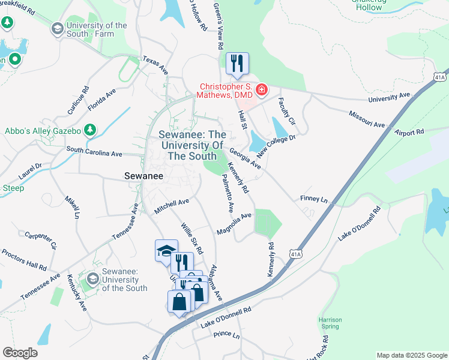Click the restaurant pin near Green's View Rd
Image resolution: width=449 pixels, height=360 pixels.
pos(237,63)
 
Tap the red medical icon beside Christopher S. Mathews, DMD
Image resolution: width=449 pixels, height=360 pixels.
pos(261,91)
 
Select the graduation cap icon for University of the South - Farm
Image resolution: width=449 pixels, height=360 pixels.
pos(58,29)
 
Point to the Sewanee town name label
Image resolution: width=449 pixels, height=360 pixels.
pos(143,176)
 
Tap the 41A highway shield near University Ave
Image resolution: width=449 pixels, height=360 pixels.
pos(439,77)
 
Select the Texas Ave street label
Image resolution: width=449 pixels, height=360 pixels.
pos(155,65)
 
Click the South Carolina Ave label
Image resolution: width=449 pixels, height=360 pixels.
pos(94,151)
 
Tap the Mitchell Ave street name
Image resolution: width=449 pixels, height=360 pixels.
pos(172,206)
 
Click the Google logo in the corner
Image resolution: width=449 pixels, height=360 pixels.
pos(20,353)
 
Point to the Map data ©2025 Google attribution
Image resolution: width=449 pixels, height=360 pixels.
pos(412,355)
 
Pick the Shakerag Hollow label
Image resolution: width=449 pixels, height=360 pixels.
pos(368,5)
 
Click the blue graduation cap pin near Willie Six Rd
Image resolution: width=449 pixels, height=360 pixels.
pos(166,251)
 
